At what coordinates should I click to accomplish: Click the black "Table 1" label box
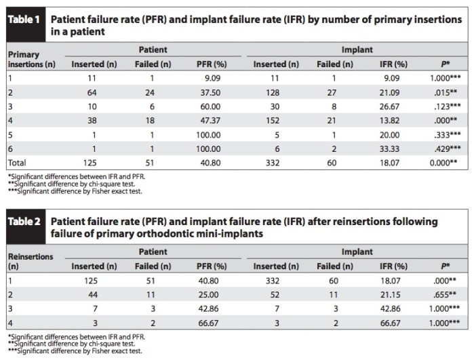(x=22, y=18)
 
